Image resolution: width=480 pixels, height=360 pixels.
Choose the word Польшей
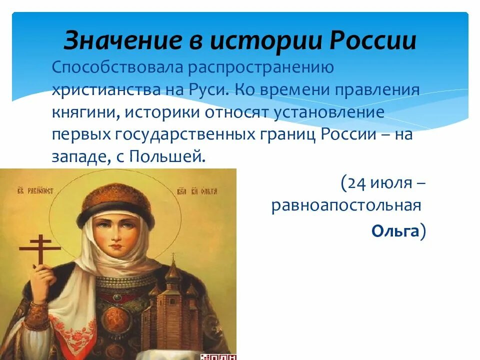point(167,156)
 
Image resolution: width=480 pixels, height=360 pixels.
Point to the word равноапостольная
point(344,206)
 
